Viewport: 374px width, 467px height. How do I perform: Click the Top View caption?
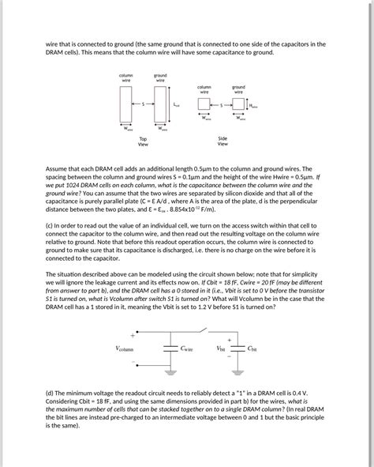(x=143, y=143)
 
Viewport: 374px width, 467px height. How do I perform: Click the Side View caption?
(x=223, y=141)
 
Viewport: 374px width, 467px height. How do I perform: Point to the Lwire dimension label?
(x=176, y=104)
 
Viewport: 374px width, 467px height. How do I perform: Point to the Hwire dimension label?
(x=253, y=104)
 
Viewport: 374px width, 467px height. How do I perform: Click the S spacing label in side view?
(x=222, y=104)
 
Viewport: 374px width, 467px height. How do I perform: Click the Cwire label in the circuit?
(x=187, y=348)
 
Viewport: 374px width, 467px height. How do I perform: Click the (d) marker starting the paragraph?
(x=50, y=393)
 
